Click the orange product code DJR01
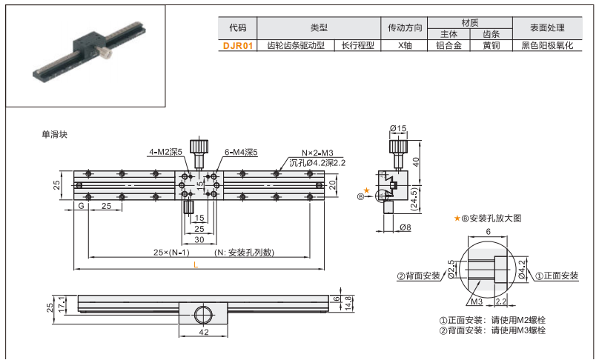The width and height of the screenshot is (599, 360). point(238,45)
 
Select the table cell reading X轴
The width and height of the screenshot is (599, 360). point(405,45)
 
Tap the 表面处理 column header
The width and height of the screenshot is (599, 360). point(547,28)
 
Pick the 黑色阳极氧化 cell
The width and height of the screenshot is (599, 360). point(547,45)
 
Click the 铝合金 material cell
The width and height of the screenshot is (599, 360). point(449,45)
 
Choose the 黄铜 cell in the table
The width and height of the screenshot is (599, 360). point(491,45)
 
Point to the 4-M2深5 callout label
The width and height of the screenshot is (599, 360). point(165,152)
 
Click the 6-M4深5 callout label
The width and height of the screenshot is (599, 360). point(239,152)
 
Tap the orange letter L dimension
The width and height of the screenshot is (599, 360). point(196,264)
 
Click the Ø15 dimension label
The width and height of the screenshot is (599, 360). point(398,129)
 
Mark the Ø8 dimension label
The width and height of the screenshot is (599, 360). point(405,227)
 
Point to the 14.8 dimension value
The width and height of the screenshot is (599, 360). point(348,304)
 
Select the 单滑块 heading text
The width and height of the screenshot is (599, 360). point(55,135)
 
